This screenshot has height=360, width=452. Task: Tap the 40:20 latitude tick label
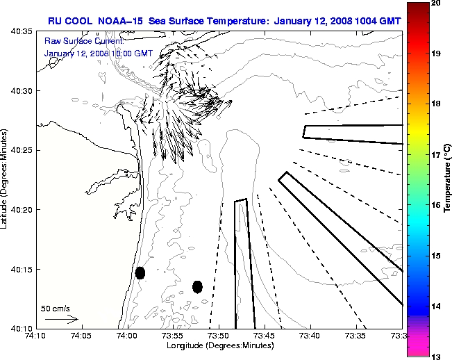22,210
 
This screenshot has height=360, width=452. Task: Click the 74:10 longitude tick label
35,336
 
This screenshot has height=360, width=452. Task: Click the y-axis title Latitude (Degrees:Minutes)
5,180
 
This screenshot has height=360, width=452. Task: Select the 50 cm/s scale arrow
62,319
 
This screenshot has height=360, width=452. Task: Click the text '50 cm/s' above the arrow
56,309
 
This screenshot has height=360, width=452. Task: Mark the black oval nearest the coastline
140,272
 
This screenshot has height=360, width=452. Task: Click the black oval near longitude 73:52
197,286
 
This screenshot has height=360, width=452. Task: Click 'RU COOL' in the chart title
69,20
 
